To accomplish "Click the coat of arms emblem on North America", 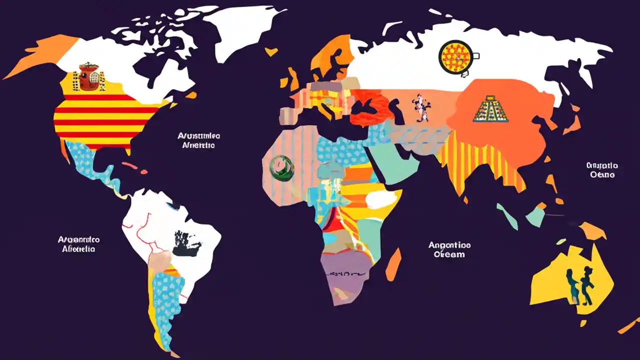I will pos(89,77).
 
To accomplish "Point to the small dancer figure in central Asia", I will pos(420,107).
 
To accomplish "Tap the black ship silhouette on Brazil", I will pos(187,244).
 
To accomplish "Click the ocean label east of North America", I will pos(198,140).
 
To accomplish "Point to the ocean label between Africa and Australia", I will pos(449,249).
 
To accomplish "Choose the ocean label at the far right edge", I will pos(602,170).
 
